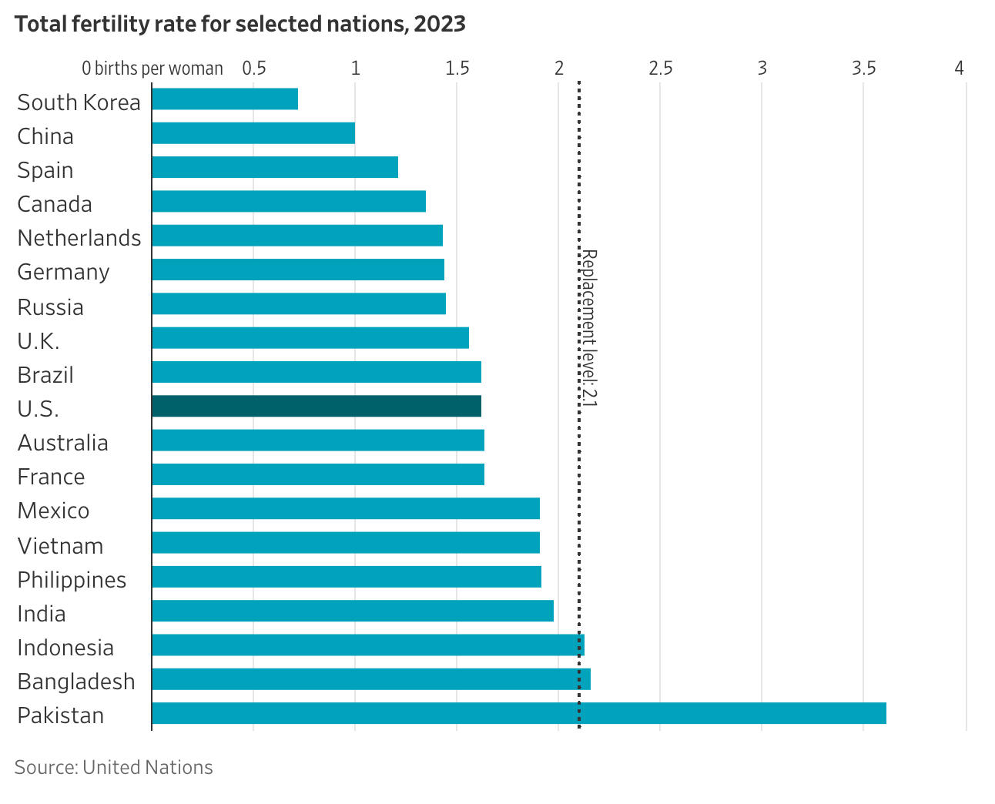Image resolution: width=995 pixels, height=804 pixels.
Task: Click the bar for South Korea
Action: [x=225, y=99]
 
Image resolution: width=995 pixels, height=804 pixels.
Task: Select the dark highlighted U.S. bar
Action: [x=317, y=406]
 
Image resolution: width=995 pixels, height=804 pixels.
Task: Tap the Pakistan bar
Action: [x=518, y=713]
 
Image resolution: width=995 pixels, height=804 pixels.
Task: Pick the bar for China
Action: [x=253, y=133]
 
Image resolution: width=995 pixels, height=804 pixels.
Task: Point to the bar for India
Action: [x=353, y=611]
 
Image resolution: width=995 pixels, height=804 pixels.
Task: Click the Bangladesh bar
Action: [x=371, y=679]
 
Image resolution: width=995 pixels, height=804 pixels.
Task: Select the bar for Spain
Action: [x=275, y=167]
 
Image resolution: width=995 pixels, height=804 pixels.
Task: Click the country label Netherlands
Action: [x=79, y=238]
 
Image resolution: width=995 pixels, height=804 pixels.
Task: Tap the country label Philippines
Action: [x=72, y=580]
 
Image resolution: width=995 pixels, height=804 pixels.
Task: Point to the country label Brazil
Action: [x=45, y=375]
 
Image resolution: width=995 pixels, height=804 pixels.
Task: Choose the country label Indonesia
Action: [x=65, y=648]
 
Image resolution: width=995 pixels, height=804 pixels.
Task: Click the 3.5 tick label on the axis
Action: [x=863, y=68]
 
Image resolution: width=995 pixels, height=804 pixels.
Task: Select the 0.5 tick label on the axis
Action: [x=254, y=68]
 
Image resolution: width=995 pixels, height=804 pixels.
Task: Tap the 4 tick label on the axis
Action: [x=959, y=68]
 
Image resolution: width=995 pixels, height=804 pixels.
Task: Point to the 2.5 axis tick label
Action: [x=660, y=68]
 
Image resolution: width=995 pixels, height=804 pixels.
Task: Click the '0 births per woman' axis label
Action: [x=152, y=68]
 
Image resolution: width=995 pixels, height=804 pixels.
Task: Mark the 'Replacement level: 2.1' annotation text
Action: [x=589, y=327]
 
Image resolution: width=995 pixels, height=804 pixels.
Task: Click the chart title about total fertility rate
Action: [x=240, y=24]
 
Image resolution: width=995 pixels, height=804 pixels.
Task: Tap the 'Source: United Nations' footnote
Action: [x=113, y=767]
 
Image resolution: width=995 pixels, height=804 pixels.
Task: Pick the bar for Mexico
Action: [x=346, y=508]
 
